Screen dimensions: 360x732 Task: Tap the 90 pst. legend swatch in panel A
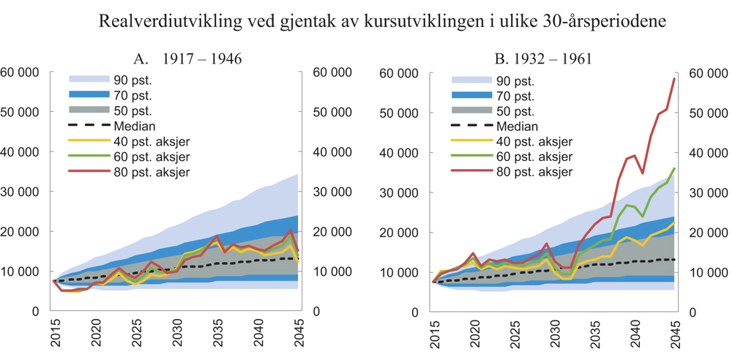(x=89, y=78)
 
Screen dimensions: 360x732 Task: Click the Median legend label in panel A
(x=134, y=126)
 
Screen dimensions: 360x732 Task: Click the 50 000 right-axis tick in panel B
(x=706, y=113)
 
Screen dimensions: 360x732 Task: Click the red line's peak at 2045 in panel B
(x=673, y=79)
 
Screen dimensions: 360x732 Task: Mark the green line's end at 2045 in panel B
(x=673, y=168)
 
